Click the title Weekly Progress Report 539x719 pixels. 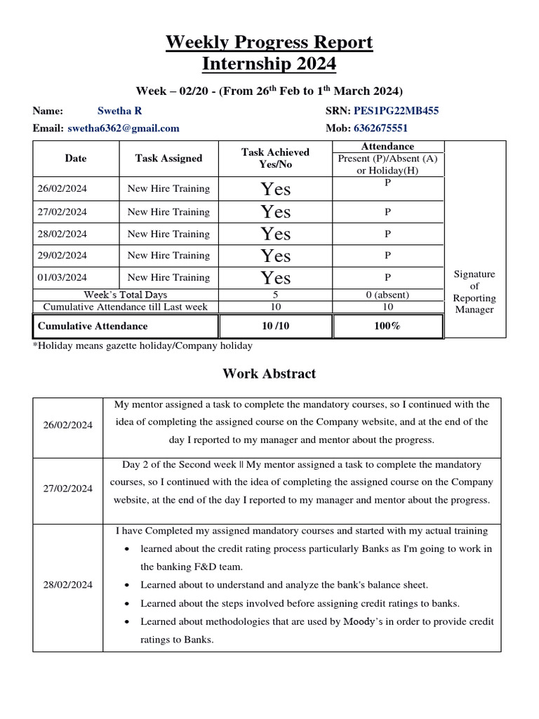pyautogui.click(x=269, y=43)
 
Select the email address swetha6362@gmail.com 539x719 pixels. pyautogui.click(x=124, y=128)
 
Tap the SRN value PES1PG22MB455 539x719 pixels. pyautogui.click(x=397, y=111)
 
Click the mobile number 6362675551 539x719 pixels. pyautogui.click(x=382, y=128)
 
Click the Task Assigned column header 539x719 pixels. pyautogui.click(x=168, y=159)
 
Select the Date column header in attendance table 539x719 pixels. pyautogui.click(x=75, y=159)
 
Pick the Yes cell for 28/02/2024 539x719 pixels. pyautogui.click(x=275, y=234)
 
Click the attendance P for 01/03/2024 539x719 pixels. pyautogui.click(x=387, y=277)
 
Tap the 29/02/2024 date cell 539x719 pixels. pyautogui.click(x=62, y=256)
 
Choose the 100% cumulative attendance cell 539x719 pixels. pyautogui.click(x=387, y=326)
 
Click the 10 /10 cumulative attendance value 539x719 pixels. pyautogui.click(x=275, y=326)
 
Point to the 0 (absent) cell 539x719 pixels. pyautogui.click(x=387, y=295)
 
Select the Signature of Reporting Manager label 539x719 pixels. pyautogui.click(x=474, y=291)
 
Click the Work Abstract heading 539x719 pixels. pyautogui.click(x=269, y=374)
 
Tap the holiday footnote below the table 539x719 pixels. pyautogui.click(x=142, y=345)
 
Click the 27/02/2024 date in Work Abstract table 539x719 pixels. pyautogui.click(x=67, y=489)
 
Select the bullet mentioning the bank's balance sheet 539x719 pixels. pyautogui.click(x=284, y=585)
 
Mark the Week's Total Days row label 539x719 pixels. pyautogui.click(x=126, y=295)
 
